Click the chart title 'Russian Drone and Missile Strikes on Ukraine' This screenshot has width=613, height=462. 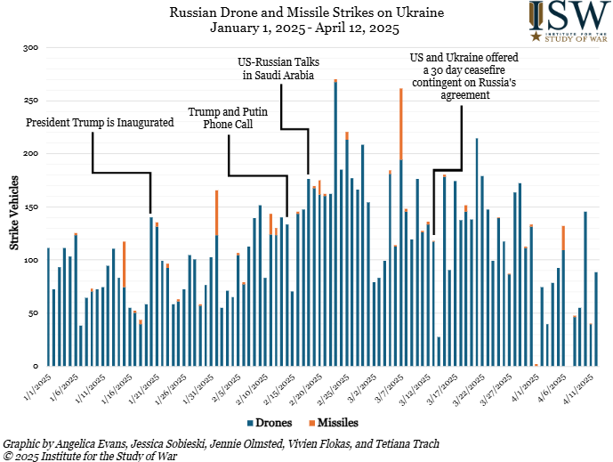307,12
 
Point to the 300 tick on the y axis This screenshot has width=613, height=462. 30,47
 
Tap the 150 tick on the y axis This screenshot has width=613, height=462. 30,207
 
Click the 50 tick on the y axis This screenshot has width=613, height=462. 33,313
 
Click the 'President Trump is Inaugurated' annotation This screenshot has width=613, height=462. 100,122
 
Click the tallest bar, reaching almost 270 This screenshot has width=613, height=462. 335,223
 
